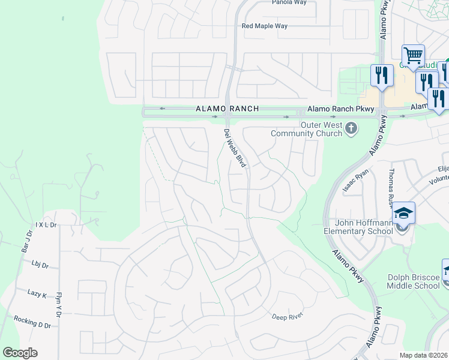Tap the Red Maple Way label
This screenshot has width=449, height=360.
tap(265, 26)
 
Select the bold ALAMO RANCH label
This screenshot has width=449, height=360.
tap(228, 109)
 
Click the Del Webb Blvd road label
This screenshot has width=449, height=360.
tap(235, 148)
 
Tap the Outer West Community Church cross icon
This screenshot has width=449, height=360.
tap(351, 128)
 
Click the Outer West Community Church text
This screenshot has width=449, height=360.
tap(307, 129)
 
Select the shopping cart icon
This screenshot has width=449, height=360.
tap(413, 56)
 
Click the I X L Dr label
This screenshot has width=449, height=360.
tap(46, 224)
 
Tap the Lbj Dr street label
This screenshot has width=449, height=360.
tap(40, 263)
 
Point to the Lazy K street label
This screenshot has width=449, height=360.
tap(37, 293)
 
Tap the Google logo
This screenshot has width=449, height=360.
tap(20, 353)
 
